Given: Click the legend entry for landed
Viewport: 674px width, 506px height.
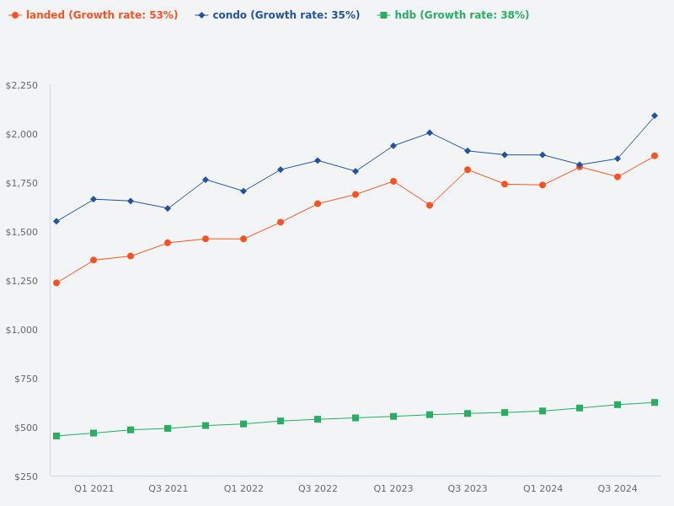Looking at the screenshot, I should tap(94, 15).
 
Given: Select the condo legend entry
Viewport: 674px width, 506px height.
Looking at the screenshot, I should tap(278, 15).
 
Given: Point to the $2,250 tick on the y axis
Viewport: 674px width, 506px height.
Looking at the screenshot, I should tap(22, 86).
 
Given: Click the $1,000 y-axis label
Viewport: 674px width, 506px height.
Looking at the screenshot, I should tap(22, 330).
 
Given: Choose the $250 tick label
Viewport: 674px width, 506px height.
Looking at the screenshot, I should tap(26, 476).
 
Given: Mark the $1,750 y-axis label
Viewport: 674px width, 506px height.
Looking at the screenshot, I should tap(22, 184).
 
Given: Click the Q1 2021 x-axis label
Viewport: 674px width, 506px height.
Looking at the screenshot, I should tap(94, 489).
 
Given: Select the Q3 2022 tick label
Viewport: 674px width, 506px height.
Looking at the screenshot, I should tap(318, 489).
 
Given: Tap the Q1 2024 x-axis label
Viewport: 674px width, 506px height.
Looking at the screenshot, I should tap(543, 489).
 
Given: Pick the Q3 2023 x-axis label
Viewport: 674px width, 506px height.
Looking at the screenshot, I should tap(468, 489).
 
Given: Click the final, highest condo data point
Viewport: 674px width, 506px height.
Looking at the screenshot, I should tap(655, 116).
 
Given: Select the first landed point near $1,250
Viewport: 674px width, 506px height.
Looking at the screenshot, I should tap(56, 283).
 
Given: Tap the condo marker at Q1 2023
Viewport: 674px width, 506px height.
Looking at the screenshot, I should tap(393, 146).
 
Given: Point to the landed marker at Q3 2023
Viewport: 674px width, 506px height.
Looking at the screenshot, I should tap(468, 170).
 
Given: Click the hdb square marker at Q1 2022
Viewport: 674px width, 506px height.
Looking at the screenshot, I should tap(243, 424).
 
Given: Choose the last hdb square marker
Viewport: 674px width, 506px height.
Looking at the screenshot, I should tap(655, 402).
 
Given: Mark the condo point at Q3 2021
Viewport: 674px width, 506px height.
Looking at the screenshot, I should tap(168, 208).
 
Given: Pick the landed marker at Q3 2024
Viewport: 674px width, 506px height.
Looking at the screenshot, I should tap(618, 177).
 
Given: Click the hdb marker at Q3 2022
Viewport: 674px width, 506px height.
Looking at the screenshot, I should tap(318, 419).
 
